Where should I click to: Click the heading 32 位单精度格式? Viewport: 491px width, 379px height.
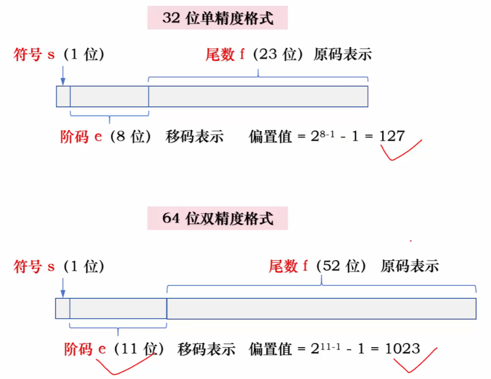(x=217, y=18)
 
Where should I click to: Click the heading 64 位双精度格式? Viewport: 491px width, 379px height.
(x=217, y=218)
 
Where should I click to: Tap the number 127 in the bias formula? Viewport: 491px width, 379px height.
(x=392, y=136)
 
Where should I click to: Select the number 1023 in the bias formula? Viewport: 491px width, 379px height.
(x=402, y=349)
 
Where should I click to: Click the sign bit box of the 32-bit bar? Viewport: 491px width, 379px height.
(x=63, y=96)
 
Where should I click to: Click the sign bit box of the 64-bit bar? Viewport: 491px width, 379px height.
(x=62, y=308)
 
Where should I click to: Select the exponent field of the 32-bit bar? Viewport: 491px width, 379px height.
(x=109, y=96)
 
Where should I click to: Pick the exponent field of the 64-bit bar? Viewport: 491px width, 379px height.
(x=118, y=308)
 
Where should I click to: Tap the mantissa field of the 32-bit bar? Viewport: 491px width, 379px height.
(x=258, y=96)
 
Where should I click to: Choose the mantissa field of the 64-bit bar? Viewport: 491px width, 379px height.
(x=322, y=308)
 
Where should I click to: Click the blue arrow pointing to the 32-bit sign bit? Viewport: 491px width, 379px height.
(x=62, y=75)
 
